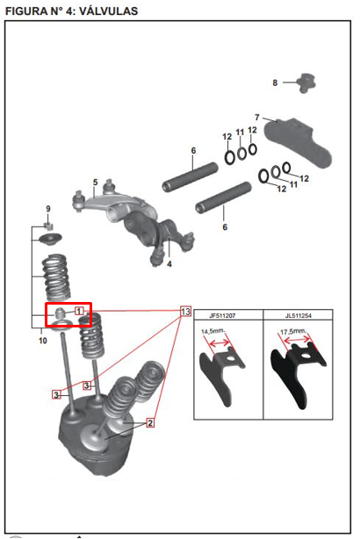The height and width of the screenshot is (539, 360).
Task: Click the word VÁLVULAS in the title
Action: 109,11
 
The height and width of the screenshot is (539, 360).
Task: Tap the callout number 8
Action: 275,83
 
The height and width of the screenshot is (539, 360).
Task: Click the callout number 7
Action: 257,118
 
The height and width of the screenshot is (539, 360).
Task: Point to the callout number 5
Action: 95,183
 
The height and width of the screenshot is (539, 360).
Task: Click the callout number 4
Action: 169,264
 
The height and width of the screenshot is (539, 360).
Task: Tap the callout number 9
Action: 48,209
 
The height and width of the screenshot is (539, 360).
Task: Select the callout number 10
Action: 43,341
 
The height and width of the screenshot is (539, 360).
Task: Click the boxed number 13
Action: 185,312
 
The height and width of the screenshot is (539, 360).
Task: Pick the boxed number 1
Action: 79,312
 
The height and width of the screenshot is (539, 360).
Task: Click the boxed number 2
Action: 150,423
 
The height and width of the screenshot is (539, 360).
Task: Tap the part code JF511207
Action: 222,315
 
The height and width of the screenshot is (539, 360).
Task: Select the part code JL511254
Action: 299,315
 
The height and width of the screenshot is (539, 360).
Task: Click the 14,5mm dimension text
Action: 212,331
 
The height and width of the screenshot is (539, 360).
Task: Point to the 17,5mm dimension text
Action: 293,332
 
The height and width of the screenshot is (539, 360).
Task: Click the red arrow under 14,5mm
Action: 220,342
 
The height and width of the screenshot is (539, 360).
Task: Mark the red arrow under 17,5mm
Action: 297,340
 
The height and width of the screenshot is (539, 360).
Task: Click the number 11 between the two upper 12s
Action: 240,133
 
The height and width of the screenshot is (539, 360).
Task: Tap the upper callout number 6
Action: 193,151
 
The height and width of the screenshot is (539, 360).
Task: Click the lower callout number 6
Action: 225,227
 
